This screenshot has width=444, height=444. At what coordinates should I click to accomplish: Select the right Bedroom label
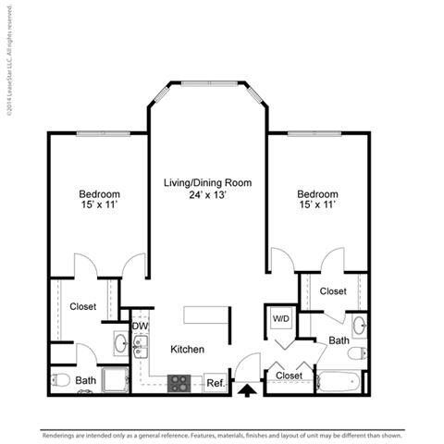point(317,194)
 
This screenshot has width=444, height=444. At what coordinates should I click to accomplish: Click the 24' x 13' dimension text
point(208,195)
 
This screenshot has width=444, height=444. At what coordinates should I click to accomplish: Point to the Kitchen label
point(187,349)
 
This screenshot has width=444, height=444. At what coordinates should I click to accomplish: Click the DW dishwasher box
point(141,326)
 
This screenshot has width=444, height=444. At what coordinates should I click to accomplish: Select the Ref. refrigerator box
point(215,382)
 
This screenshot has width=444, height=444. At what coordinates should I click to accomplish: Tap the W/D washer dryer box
point(280,319)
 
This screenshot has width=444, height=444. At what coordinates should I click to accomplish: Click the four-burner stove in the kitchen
point(179,382)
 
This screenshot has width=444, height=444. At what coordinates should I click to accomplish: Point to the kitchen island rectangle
point(205,314)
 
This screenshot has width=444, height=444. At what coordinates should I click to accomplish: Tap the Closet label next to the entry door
point(289,376)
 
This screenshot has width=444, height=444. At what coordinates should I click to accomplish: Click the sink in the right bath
point(359,326)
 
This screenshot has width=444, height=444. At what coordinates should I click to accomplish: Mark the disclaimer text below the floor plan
point(222,434)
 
